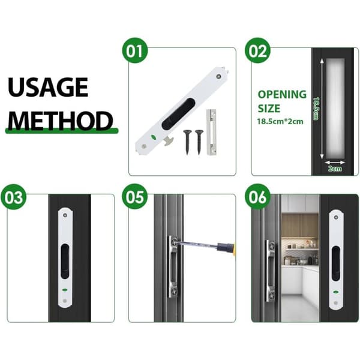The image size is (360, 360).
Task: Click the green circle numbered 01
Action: pyautogui.click(x=135, y=50)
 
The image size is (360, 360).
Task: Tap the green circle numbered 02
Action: pyautogui.click(x=257, y=50)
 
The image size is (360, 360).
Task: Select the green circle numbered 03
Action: pyautogui.click(x=14, y=197)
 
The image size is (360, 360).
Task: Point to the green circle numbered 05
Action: pyautogui.click(x=135, y=197)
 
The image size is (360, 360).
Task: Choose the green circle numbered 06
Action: pyautogui.click(x=257, y=197)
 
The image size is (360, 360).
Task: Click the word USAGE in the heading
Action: pyautogui.click(x=48, y=87)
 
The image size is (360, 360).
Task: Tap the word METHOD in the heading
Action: pyautogui.click(x=60, y=121)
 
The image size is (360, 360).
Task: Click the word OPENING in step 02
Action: pyautogui.click(x=282, y=94)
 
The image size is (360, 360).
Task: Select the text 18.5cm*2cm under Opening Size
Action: pyautogui.click(x=280, y=121)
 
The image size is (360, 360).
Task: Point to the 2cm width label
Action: pyautogui.click(x=335, y=169)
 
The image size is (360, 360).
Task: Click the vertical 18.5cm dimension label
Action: pyautogui.click(x=316, y=109)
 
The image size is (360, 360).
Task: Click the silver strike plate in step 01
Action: pyautogui.click(x=211, y=133)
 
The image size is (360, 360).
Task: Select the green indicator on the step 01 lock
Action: pyautogui.click(x=152, y=137)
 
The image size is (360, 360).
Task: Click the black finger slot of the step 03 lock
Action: pyautogui.click(x=65, y=261)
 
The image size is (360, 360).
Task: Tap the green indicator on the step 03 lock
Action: pyautogui.click(x=65, y=290)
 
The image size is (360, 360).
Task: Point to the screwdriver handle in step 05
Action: pyautogui.click(x=226, y=249)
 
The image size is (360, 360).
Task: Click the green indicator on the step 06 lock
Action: pyautogui.click(x=335, y=292)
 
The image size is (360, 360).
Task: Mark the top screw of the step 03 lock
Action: pyautogui.click(x=65, y=215)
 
